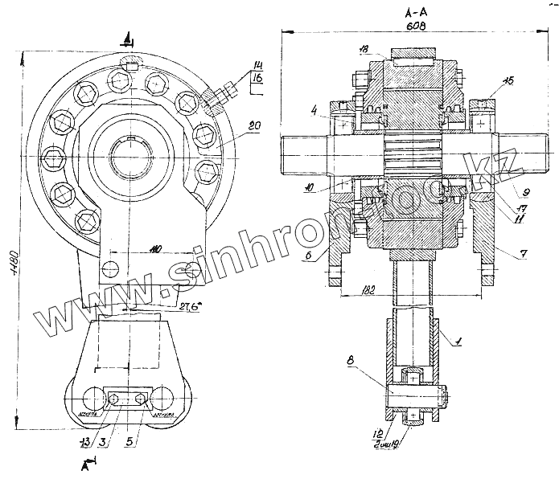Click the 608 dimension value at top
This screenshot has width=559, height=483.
point(415,27)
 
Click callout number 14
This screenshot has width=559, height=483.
point(258,65)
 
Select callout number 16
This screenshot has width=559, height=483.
point(258,78)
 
